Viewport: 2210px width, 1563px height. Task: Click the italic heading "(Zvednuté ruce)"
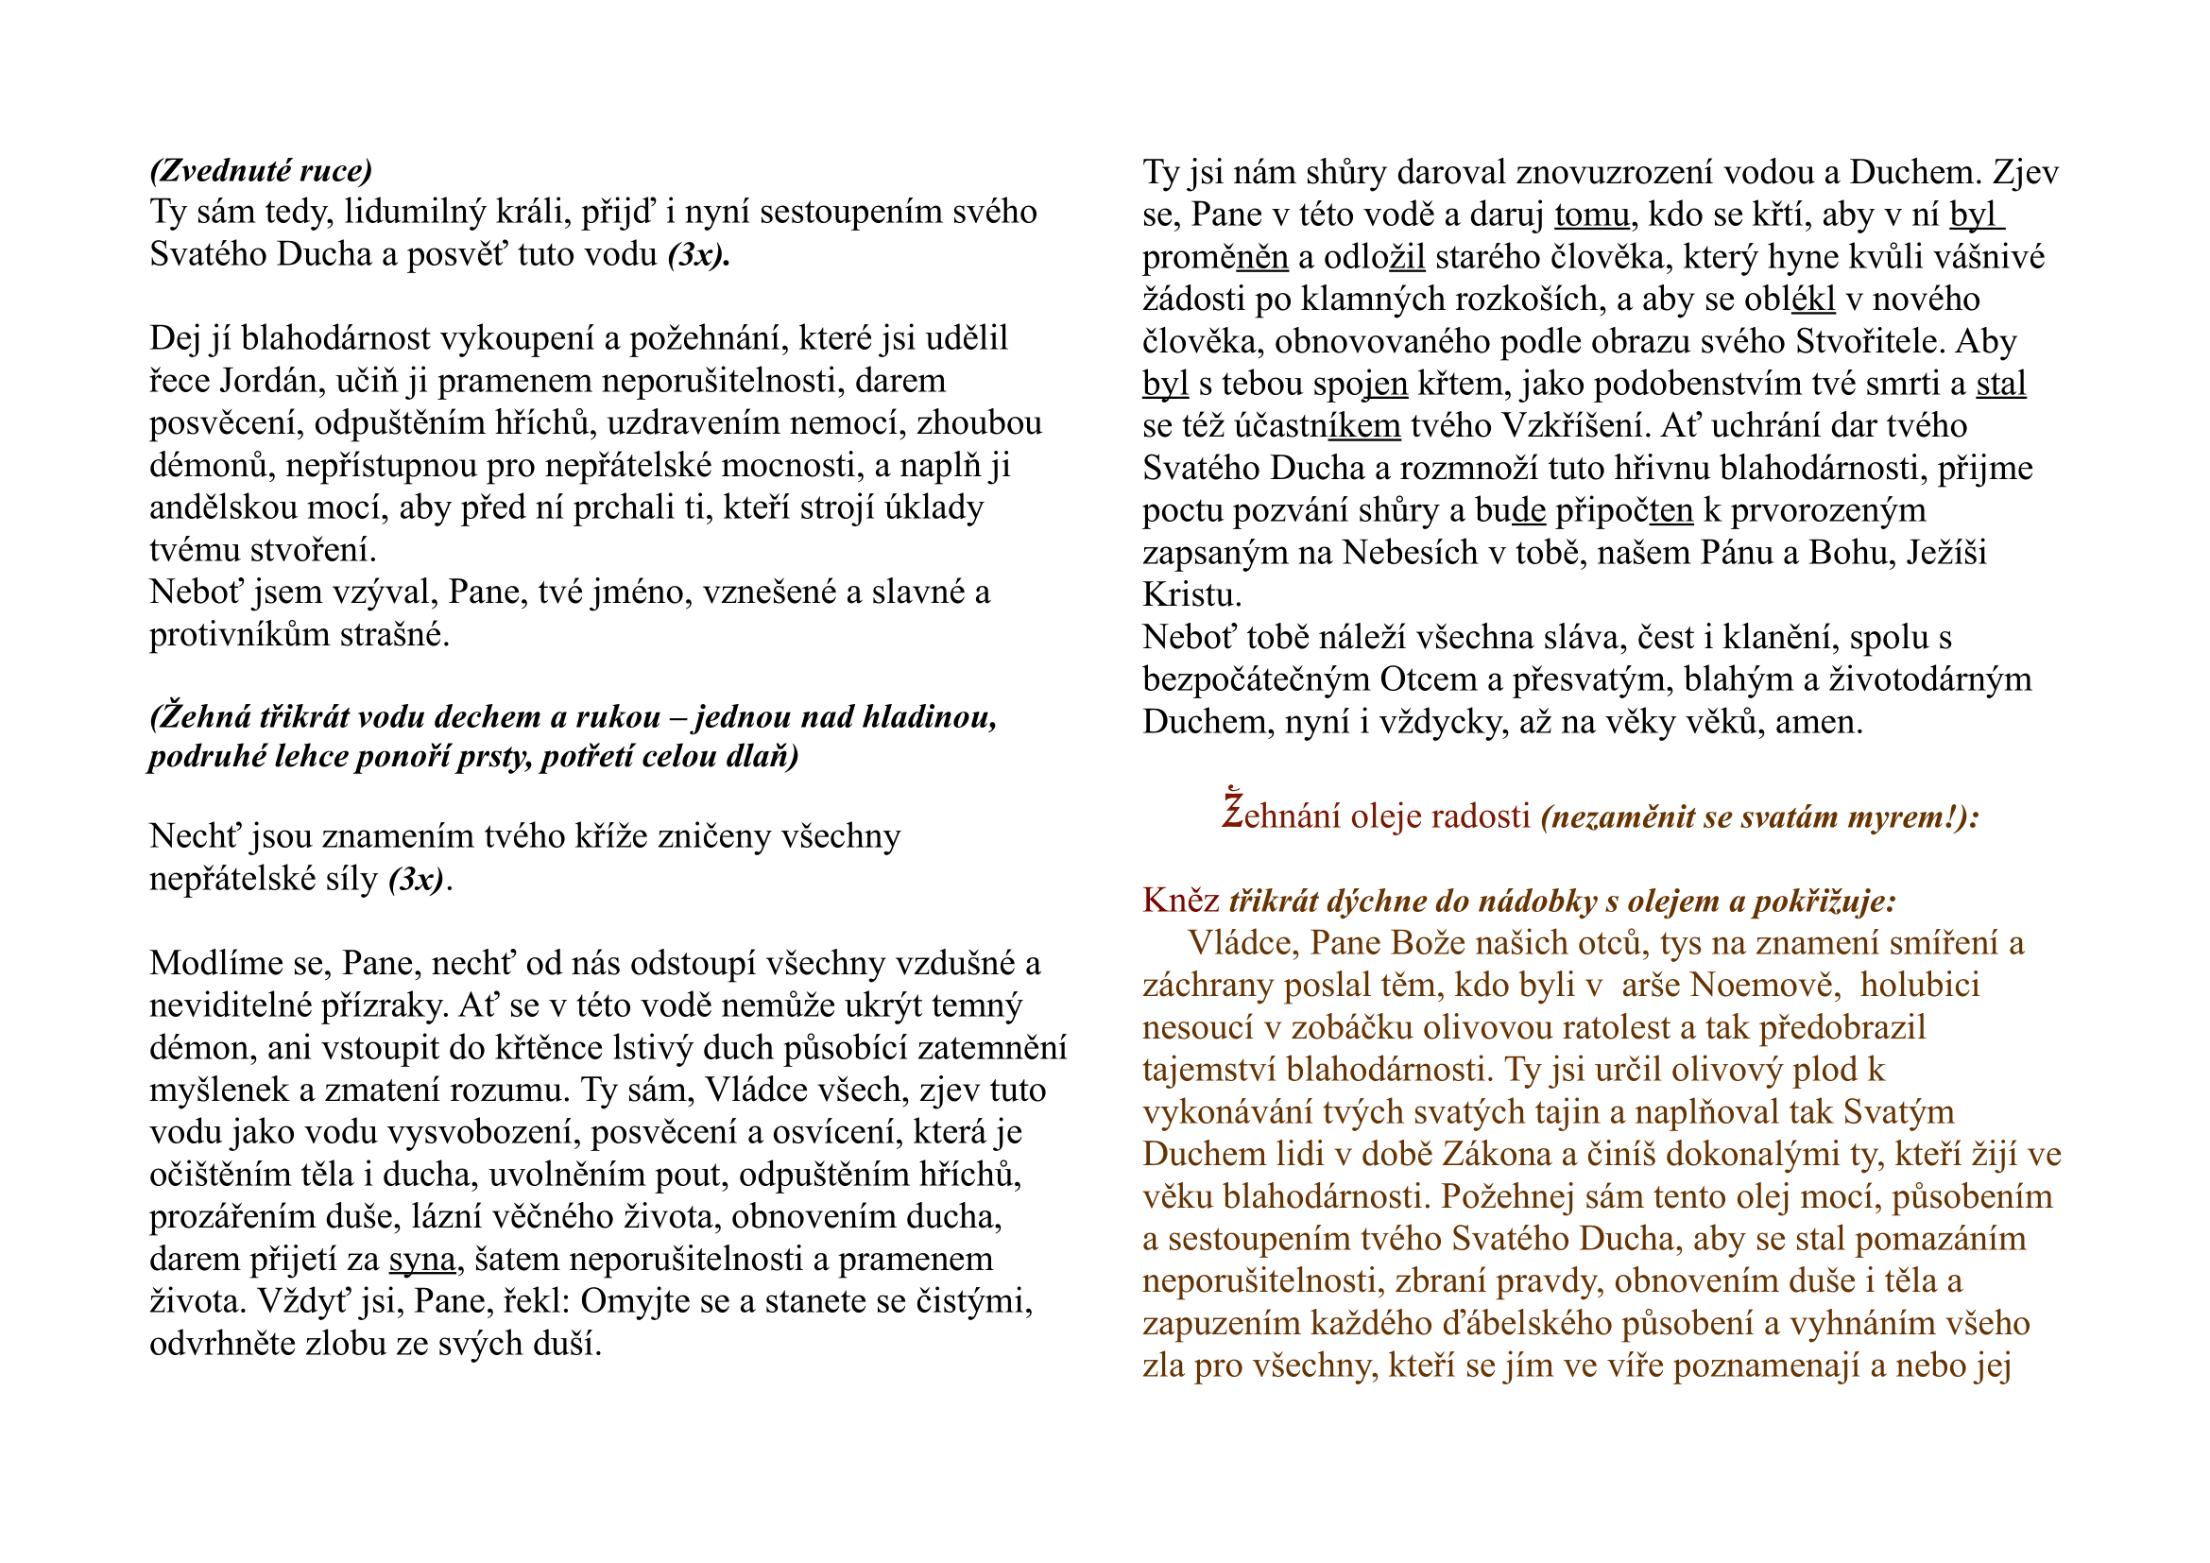[x=261, y=170]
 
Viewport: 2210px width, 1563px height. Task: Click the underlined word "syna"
[x=421, y=1259]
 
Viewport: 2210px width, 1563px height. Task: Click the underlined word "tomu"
[x=1592, y=215]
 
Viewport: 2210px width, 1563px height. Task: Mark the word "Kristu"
[x=1191, y=595]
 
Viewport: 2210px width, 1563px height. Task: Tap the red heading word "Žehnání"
[x=1281, y=816]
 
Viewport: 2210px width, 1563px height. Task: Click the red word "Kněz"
[x=1181, y=901]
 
